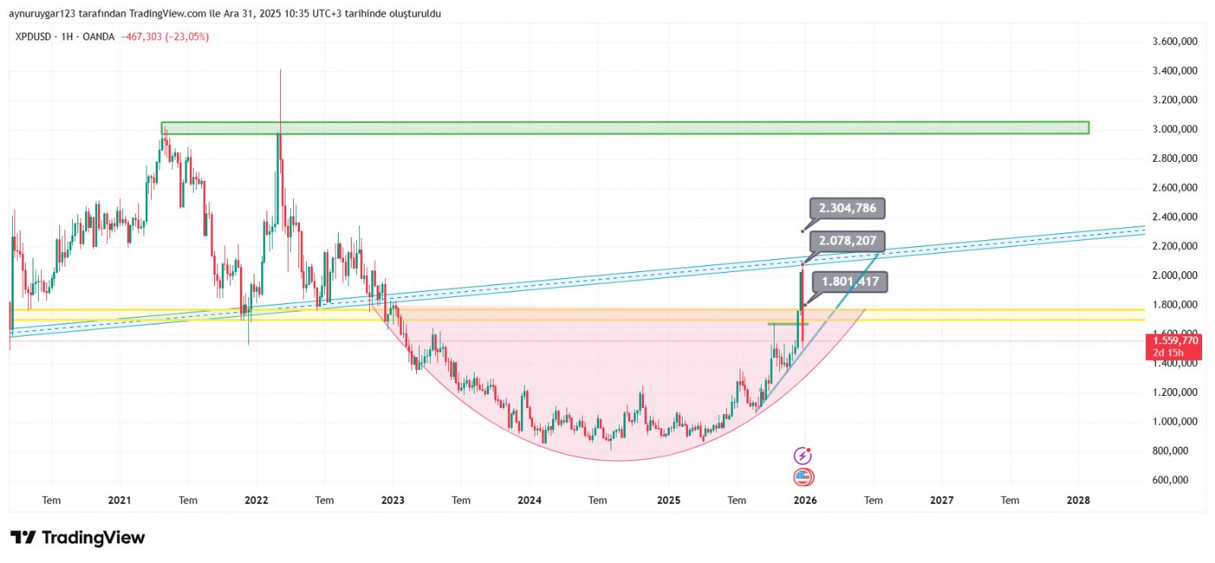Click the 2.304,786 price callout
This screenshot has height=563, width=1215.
(x=847, y=208)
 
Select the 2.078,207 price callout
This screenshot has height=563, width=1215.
(x=847, y=241)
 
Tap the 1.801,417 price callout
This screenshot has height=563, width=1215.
(x=850, y=282)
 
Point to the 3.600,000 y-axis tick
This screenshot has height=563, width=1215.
(x=1175, y=41)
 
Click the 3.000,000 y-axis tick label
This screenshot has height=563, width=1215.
(x=1175, y=129)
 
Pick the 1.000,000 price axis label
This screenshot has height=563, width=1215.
(x=1175, y=422)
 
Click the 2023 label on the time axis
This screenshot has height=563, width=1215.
(x=393, y=500)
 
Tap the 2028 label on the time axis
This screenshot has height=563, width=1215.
(x=1078, y=500)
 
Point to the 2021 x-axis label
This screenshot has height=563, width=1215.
(x=119, y=500)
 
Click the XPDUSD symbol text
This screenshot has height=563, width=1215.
(x=33, y=36)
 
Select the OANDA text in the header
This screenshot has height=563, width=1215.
(x=98, y=36)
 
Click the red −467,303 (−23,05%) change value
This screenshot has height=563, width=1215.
(x=165, y=36)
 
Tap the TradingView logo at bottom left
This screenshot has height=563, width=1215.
(x=77, y=538)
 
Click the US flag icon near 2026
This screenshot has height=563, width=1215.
(x=803, y=478)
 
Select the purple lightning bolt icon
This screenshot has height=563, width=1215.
(x=803, y=456)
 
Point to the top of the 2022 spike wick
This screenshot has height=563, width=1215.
(x=280, y=71)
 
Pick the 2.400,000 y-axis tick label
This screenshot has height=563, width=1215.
(x=1175, y=217)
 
